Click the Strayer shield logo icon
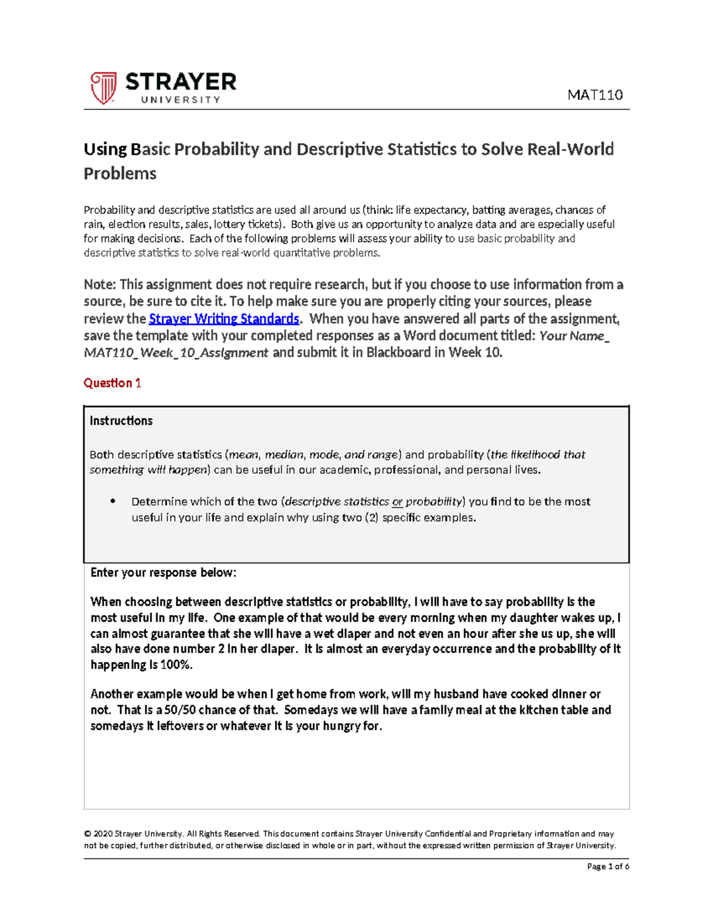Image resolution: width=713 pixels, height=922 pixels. (103, 88)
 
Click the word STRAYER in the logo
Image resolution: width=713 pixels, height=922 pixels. (181, 82)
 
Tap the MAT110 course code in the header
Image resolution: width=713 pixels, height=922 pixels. (595, 95)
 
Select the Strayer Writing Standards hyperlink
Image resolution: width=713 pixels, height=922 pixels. (223, 319)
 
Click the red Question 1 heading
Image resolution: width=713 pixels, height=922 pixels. (112, 383)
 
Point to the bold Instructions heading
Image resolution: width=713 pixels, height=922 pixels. (121, 421)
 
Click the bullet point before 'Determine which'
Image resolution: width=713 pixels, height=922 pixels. (113, 502)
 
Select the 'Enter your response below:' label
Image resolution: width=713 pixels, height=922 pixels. (163, 573)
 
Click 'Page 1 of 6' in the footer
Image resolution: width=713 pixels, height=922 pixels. (607, 866)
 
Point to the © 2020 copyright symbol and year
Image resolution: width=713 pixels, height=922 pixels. (98, 834)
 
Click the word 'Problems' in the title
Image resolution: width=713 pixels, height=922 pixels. (120, 173)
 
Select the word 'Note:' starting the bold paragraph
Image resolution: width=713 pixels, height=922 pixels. (100, 284)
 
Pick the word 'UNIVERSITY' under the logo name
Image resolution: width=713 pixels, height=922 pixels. (181, 100)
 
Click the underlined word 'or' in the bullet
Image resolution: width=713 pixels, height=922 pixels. (397, 502)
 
